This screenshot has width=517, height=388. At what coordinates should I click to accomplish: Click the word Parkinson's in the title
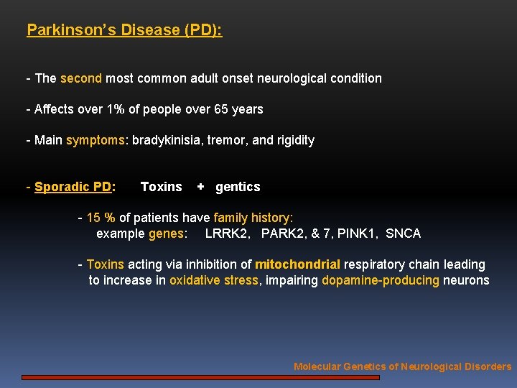tap(62, 30)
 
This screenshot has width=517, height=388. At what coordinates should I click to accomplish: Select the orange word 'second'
tap(81, 78)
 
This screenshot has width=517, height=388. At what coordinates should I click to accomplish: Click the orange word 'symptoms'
tap(95, 140)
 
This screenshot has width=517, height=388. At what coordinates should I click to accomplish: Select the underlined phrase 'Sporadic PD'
tap(73, 187)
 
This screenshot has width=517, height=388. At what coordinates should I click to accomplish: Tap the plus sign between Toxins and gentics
tap(200, 187)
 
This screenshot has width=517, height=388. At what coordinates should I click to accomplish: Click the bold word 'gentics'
tap(238, 187)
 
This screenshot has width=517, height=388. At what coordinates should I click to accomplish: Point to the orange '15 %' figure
tap(101, 218)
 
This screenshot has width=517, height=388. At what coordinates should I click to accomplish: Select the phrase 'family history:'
tap(253, 218)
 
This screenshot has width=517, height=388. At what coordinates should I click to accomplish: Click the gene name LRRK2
tap(228, 234)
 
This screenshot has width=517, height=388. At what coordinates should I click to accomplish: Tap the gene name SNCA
tap(403, 234)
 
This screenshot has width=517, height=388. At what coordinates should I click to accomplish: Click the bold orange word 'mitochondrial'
tap(297, 264)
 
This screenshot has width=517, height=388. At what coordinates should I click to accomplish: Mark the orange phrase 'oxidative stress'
tap(213, 280)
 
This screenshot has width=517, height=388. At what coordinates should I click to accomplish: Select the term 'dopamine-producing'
tap(380, 280)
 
